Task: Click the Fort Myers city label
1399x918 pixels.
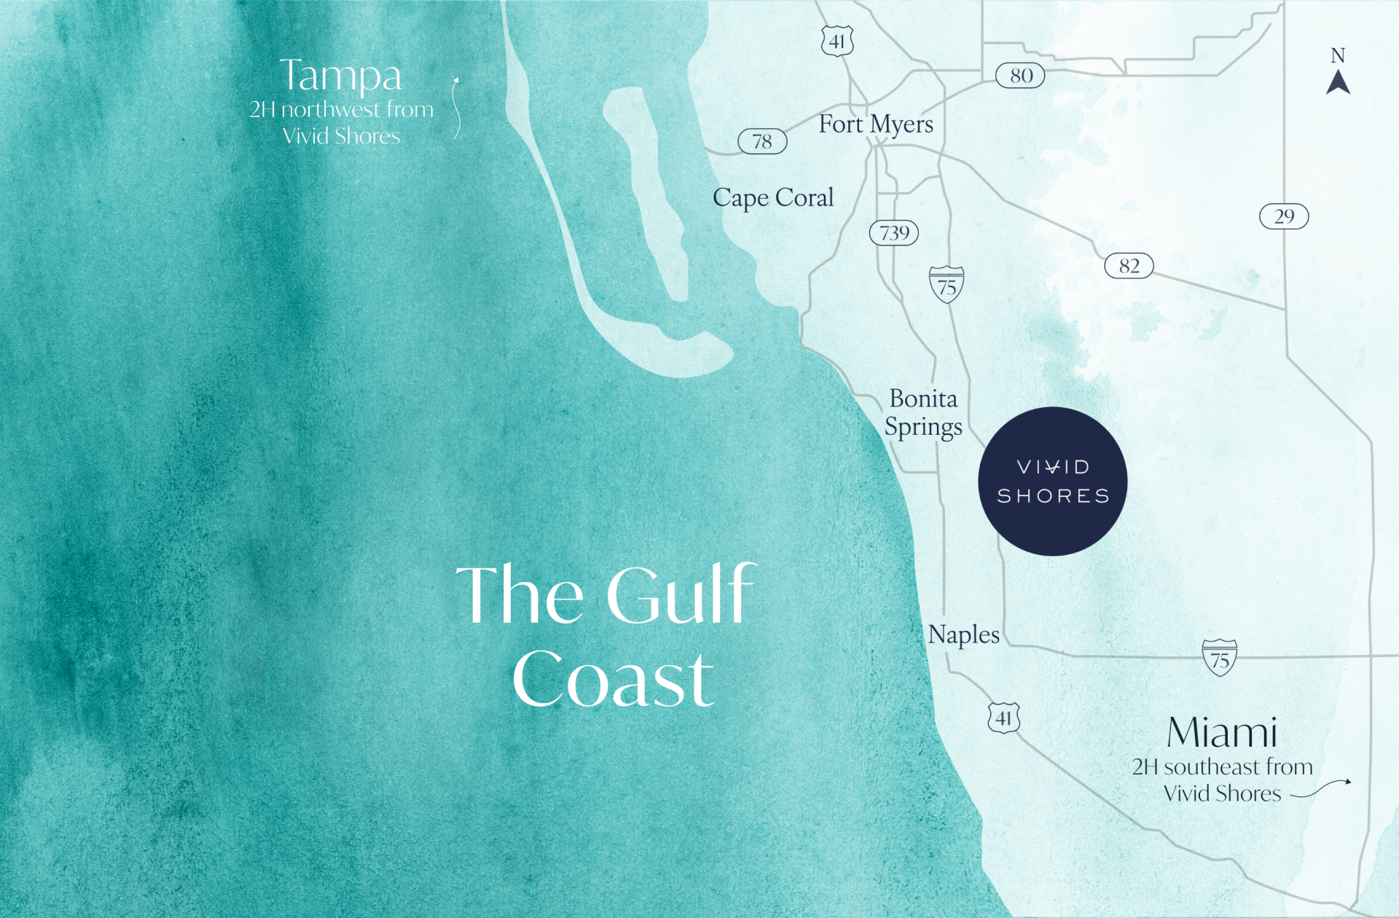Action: pos(875,125)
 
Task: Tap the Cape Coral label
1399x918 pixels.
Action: pos(772,197)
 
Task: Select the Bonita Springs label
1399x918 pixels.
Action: pos(923,412)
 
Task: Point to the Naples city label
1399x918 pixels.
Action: pos(963,635)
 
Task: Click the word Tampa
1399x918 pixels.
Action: pos(341,76)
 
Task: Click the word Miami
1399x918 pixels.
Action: pos(1222,732)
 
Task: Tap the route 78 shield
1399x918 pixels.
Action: pos(762,141)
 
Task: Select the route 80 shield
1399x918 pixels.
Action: pos(1020,76)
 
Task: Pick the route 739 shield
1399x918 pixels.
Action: pos(893,233)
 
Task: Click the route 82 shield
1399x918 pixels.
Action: pos(1129,266)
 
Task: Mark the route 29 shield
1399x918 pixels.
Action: pos(1284,216)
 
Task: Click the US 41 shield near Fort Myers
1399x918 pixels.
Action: pos(837,41)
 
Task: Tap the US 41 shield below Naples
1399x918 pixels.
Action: pos(1003,718)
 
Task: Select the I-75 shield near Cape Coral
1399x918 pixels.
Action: pos(947,285)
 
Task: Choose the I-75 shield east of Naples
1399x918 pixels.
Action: pos(1219,658)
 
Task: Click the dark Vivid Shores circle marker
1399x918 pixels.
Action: pos(1052,482)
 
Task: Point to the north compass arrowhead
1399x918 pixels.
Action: pos(1338,82)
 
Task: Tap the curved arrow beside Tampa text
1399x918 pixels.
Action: pos(456,109)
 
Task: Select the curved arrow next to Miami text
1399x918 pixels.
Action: pos(1320,789)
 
